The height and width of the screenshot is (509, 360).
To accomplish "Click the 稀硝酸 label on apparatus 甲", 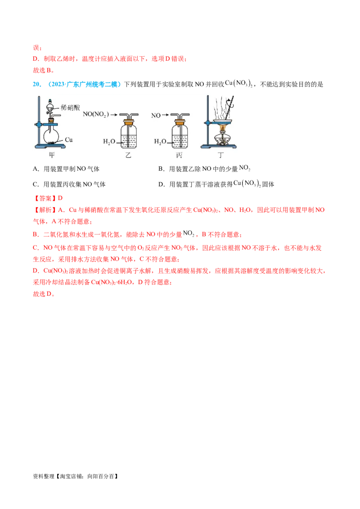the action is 70,107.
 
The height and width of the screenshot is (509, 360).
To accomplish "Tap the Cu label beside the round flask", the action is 68,140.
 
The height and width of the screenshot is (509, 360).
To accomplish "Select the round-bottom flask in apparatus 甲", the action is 51,134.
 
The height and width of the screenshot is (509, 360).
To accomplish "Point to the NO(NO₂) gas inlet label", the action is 95,114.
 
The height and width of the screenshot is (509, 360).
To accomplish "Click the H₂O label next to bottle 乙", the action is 109,142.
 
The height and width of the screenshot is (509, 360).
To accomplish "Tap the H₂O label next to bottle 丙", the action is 160,142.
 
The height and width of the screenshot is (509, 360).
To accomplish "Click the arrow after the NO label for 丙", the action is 166,115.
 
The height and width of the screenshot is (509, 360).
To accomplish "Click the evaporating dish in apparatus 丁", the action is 222,122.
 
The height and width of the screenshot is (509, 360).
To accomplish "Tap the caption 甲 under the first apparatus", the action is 52,155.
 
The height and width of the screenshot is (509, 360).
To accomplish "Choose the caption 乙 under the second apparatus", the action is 128,155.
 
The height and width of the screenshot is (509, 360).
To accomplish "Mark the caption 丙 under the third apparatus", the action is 179,155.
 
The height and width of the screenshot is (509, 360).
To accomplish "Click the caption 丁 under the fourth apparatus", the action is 220,155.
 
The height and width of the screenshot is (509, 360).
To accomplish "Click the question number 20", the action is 36,85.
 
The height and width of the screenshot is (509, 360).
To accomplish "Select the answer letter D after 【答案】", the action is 60,198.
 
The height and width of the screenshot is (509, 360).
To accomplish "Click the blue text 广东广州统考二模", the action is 92,85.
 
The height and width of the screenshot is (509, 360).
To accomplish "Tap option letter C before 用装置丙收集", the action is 35,184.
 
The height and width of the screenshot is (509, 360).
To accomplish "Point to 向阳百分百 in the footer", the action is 101,476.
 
